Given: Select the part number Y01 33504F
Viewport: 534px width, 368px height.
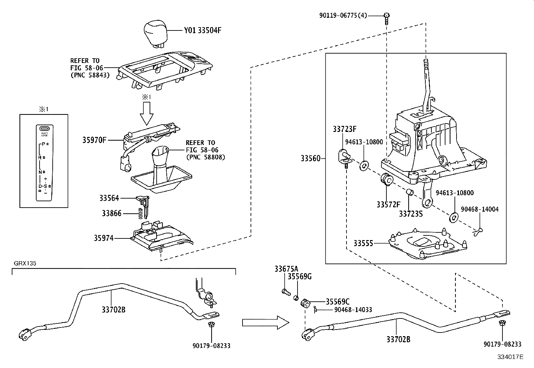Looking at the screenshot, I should pyautogui.click(x=203, y=31).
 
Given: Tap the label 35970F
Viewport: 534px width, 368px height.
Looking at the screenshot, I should pyautogui.click(x=94, y=140).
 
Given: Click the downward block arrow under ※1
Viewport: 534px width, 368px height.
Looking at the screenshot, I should pyautogui.click(x=146, y=113).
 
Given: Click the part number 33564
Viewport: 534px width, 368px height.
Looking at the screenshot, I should pyautogui.click(x=109, y=198).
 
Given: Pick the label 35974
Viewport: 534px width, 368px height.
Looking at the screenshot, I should pyautogui.click(x=104, y=238).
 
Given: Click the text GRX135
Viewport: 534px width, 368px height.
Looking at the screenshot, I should pyautogui.click(x=25, y=263).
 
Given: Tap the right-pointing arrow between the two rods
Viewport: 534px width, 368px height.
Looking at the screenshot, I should pyautogui.click(x=265, y=322).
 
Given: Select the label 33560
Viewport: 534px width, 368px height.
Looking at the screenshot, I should pyautogui.click(x=311, y=158).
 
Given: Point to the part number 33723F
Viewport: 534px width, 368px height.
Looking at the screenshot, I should pyautogui.click(x=345, y=129).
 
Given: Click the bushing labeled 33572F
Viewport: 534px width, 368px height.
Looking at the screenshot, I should pyautogui.click(x=387, y=180).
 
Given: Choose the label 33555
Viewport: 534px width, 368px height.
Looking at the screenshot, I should pyautogui.click(x=363, y=243).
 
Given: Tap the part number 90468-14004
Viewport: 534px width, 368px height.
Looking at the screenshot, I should pyautogui.click(x=479, y=209).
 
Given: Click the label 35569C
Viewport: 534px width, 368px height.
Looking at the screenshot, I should pyautogui.click(x=338, y=302).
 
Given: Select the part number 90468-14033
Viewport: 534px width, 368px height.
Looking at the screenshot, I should pyautogui.click(x=353, y=310).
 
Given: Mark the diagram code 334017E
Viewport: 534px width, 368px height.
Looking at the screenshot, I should pyautogui.click(x=510, y=357).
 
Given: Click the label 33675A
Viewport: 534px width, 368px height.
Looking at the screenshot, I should pyautogui.click(x=286, y=269).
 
